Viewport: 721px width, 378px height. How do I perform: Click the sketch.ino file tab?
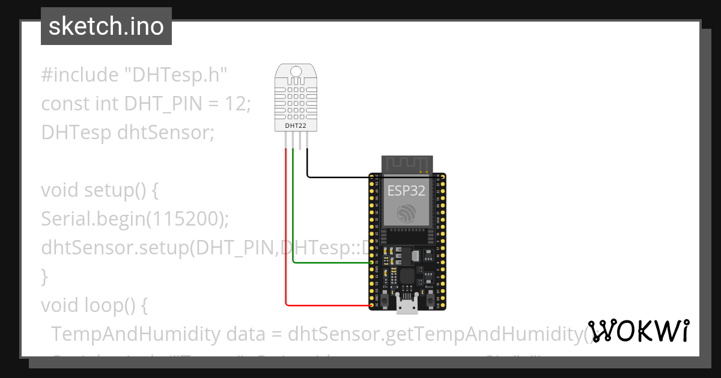[106, 26]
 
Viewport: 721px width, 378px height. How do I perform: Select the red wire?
[286, 240]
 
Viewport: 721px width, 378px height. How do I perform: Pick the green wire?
[293, 216]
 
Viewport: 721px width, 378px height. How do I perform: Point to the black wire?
[336, 177]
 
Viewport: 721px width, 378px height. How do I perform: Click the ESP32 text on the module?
[406, 191]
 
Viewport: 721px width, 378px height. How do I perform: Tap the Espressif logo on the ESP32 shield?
[406, 213]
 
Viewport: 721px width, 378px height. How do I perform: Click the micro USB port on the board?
[407, 306]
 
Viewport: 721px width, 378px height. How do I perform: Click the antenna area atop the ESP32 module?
[407, 164]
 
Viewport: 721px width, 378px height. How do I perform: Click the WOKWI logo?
[638, 331]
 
